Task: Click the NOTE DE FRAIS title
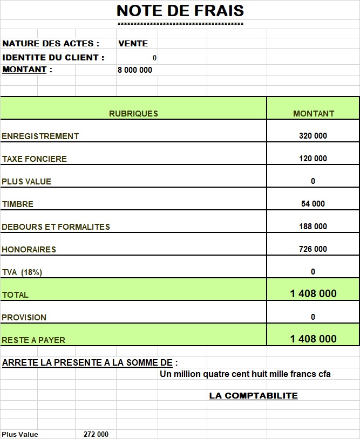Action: pos(180,11)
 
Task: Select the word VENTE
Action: pos(133,44)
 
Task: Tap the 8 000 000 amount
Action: pos(135,70)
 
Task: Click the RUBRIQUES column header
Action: pos(133,113)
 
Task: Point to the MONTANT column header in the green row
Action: pos(314,114)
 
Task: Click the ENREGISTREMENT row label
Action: pos(40,136)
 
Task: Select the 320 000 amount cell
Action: pos(313,136)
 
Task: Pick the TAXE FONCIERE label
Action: pos(35,159)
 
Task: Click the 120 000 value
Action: pos(313,159)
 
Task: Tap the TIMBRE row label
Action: pos(18,204)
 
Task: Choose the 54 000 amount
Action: pos(313,204)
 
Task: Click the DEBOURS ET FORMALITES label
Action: pos(56,227)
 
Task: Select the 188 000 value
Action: pos(313,227)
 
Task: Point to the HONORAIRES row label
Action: pos(29,250)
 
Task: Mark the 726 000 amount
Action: pos(313,249)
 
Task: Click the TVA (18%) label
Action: pos(22,272)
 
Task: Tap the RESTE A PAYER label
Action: pos(33,340)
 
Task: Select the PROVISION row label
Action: pos(24,318)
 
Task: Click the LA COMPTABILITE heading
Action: pos(253,396)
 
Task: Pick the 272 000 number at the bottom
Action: pos(96,434)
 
